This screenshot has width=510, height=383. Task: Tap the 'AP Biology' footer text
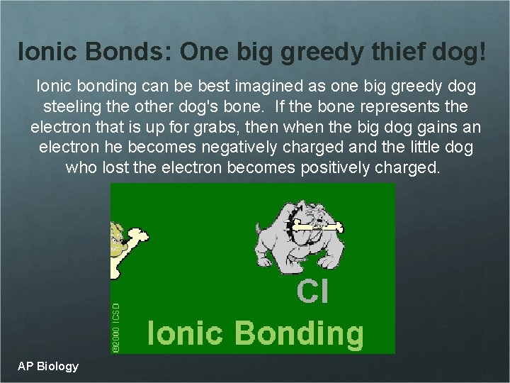click(48, 366)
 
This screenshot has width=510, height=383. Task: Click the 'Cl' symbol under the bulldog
click(312, 292)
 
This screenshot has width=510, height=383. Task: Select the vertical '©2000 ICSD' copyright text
click(117, 326)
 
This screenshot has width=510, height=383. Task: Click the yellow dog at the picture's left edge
click(115, 234)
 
